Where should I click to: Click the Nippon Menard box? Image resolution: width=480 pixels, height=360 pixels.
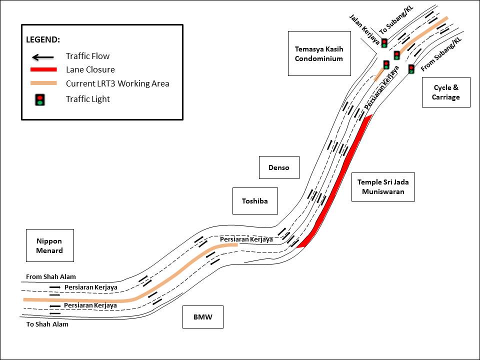tap(49, 245)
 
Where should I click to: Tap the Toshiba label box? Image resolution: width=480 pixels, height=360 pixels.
tap(254, 201)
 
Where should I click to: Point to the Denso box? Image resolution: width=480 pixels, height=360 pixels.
tap(278, 167)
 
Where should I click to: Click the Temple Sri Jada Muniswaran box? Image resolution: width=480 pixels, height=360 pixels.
tap(383, 187)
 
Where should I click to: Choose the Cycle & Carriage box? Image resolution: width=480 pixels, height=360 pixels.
tap(445, 92)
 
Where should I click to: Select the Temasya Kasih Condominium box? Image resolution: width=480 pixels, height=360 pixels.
tap(319, 53)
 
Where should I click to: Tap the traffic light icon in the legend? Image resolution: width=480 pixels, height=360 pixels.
tap(40, 99)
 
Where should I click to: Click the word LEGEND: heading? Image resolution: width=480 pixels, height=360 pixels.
tap(43, 39)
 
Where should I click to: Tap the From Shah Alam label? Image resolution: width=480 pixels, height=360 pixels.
tap(51, 276)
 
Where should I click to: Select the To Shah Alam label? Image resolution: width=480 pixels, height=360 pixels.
tap(47, 324)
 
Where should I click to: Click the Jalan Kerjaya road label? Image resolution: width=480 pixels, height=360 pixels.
tap(364, 29)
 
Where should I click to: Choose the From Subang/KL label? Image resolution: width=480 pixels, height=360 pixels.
tap(441, 53)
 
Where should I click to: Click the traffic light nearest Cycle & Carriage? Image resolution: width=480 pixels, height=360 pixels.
tap(411, 69)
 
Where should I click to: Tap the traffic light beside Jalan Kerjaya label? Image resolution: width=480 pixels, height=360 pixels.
tap(384, 43)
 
